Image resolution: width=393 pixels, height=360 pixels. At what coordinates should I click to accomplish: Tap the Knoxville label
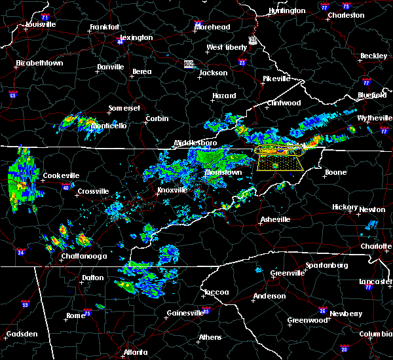pos(173,190)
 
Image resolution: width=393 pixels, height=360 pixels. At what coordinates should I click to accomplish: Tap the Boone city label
pos(335,173)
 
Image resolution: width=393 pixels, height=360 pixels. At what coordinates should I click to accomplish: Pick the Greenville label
pos(287,272)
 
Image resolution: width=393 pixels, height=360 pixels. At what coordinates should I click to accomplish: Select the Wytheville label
pos(372,118)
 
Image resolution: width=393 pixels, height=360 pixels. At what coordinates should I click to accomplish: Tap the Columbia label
pos(375,334)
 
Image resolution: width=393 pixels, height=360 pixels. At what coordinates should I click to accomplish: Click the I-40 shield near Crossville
pos(65,187)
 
